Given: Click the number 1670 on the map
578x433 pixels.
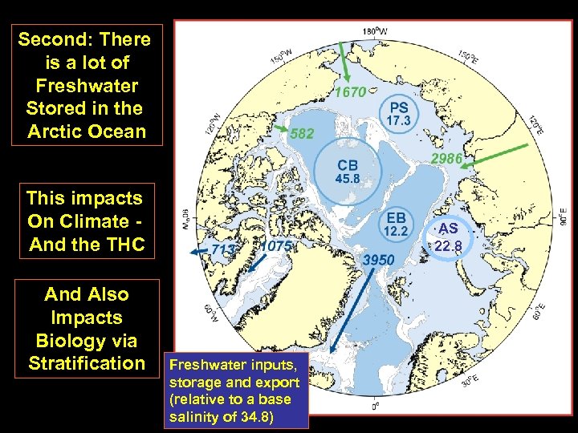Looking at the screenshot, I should [350, 92].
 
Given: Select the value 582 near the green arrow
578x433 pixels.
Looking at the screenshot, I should [302, 133].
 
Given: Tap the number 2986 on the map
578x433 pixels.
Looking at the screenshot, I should [446, 159].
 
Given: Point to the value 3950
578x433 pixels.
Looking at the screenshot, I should [378, 260].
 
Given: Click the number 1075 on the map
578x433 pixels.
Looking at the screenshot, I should [276, 246].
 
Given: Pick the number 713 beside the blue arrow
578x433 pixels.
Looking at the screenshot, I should [223, 249].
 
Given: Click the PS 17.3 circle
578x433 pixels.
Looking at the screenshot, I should [399, 113].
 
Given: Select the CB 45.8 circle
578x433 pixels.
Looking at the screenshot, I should [347, 171].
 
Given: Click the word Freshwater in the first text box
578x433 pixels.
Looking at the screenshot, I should [87, 85].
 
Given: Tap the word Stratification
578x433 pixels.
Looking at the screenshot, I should [87, 363].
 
